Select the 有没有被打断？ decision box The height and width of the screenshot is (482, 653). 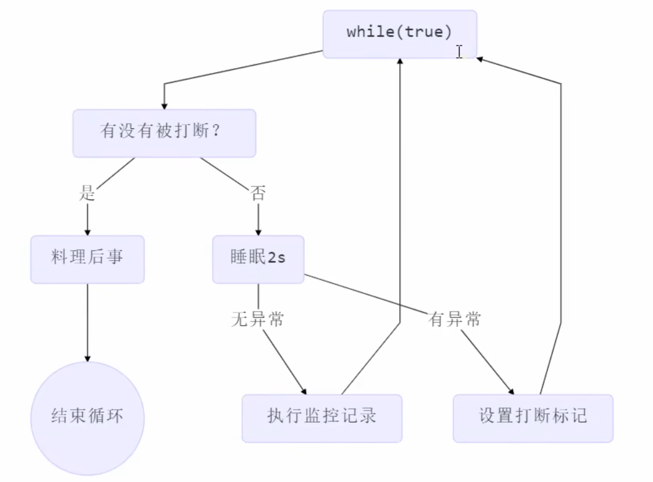tap(164, 133)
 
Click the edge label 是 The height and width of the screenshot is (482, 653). tap(87, 193)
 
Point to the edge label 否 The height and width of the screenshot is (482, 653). tap(258, 193)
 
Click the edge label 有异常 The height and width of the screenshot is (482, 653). tap(455, 319)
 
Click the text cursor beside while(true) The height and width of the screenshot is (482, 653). tap(459, 51)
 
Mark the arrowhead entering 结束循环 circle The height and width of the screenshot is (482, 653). tap(87, 358)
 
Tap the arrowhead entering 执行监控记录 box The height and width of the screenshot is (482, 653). tap(304, 391)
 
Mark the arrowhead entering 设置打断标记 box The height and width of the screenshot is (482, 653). tap(511, 391)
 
